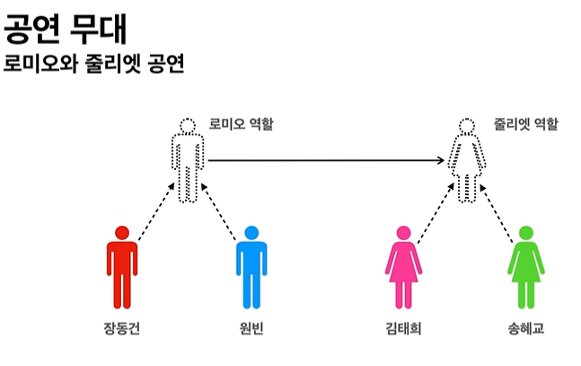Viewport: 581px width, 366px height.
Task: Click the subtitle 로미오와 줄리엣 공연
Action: (93, 64)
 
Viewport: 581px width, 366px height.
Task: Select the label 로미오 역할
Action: (242, 123)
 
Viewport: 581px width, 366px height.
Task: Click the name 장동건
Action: (122, 328)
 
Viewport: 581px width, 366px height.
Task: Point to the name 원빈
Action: (251, 328)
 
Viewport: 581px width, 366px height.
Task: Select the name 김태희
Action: (402, 328)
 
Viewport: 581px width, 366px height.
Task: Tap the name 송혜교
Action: (525, 328)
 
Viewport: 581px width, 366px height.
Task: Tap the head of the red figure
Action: (122, 232)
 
